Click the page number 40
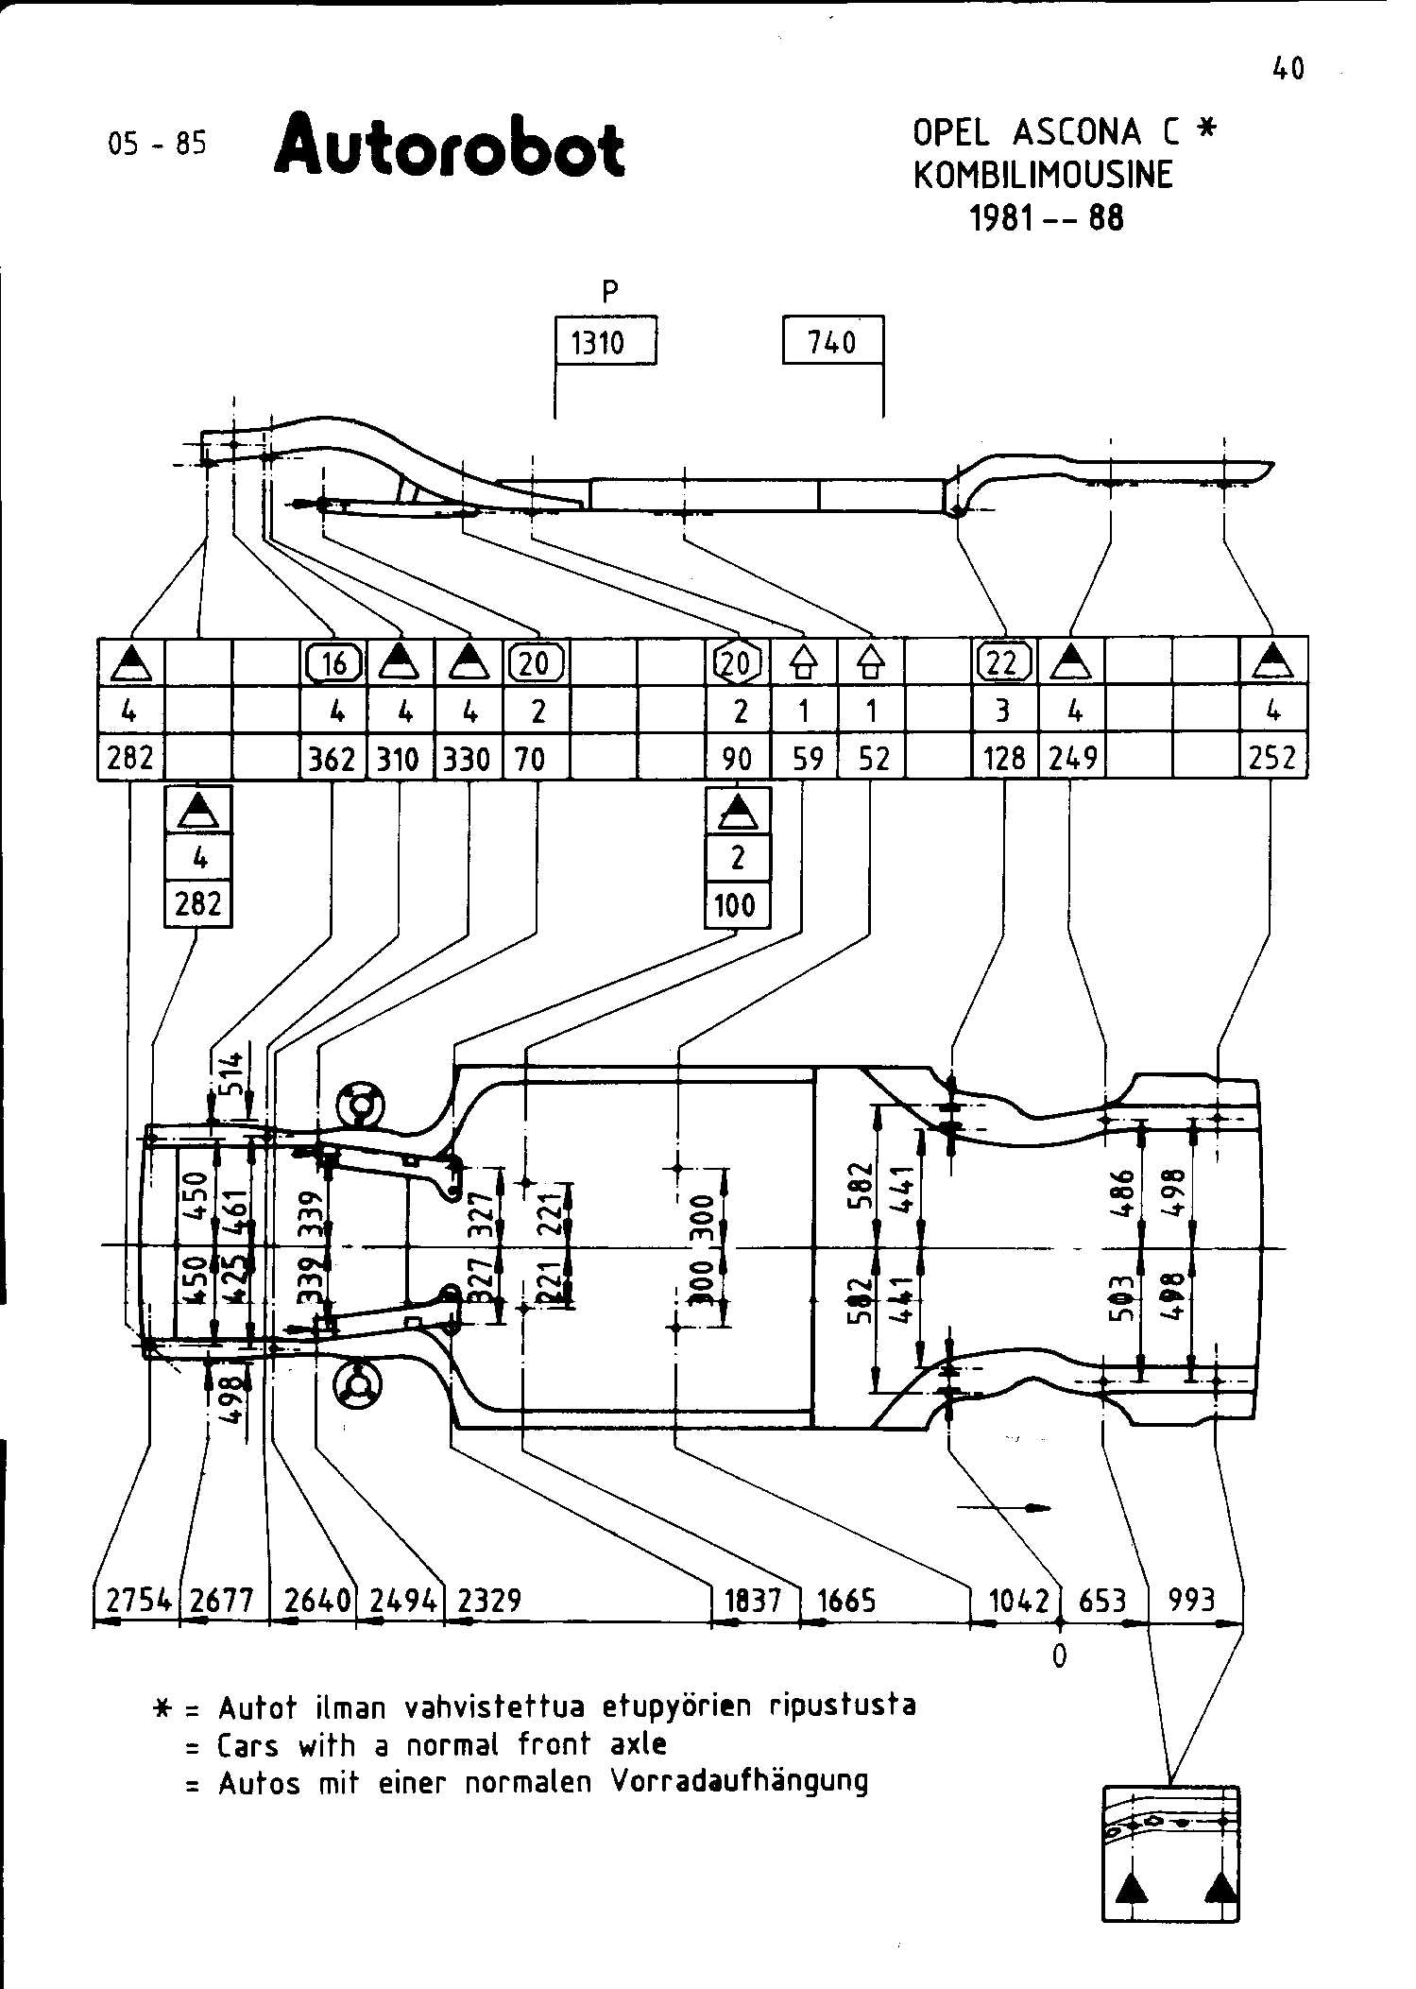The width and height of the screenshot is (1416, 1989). [x=1288, y=69]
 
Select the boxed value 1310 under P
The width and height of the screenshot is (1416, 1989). [x=598, y=342]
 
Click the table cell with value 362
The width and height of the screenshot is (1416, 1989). [x=332, y=759]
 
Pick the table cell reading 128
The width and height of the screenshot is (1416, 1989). [x=1004, y=759]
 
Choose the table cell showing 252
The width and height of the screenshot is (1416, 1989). [x=1272, y=759]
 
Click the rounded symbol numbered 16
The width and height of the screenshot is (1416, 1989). [x=333, y=662]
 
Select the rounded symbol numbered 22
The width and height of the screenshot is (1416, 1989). [x=1003, y=662]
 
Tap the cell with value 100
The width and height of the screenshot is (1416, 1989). [x=736, y=906]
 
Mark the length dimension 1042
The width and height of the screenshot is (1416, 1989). [x=1019, y=1601]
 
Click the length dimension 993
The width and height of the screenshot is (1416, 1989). [x=1192, y=1601]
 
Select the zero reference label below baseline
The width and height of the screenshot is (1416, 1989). [x=1060, y=1655]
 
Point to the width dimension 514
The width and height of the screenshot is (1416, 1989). [x=234, y=1072]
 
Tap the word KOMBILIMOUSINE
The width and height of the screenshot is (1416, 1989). [x=1043, y=175]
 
